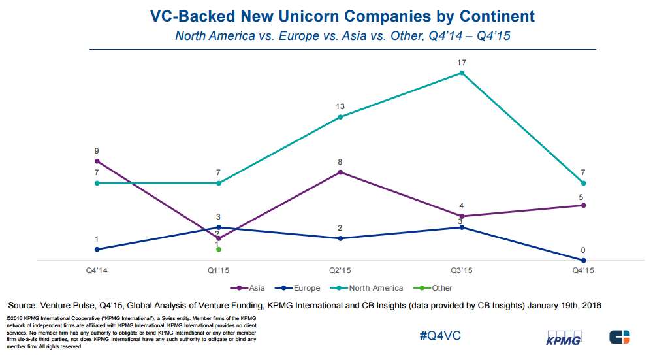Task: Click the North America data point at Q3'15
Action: [x=462, y=73]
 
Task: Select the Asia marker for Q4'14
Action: [x=97, y=161]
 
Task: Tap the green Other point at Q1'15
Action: [x=219, y=250]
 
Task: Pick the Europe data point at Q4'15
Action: [x=583, y=261]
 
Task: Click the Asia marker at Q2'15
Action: [x=340, y=172]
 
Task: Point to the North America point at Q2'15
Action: [x=340, y=117]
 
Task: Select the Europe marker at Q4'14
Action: [x=97, y=250]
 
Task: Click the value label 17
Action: [x=462, y=63]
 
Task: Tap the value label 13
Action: [x=340, y=106]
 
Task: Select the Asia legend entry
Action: [x=251, y=288]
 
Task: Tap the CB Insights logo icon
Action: [x=620, y=337]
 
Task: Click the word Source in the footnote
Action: [x=24, y=305]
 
